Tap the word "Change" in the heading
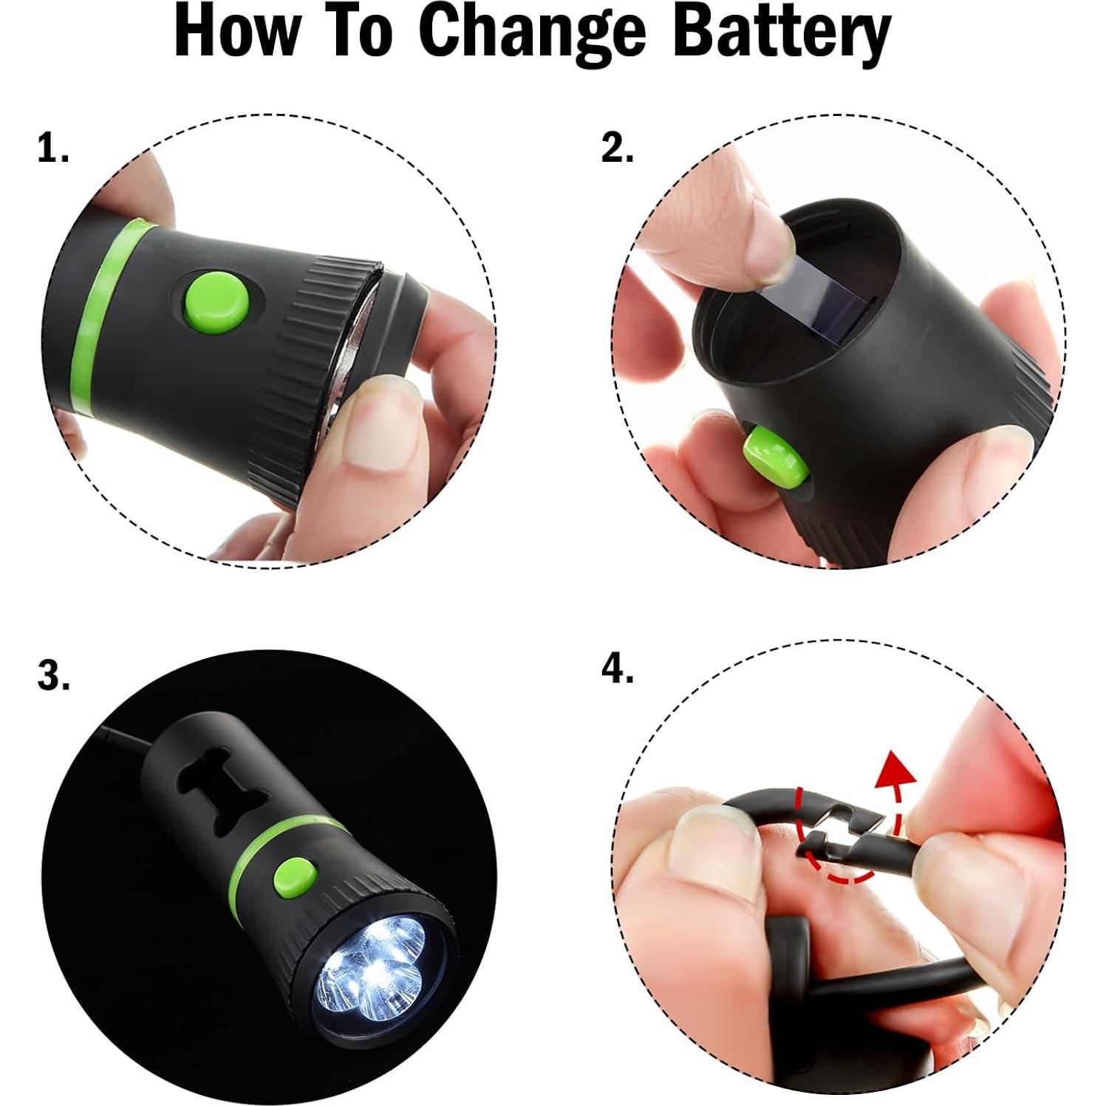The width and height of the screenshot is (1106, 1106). click(535, 35)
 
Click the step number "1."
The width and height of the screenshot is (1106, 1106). click(53, 150)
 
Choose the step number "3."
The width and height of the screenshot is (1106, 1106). click(53, 675)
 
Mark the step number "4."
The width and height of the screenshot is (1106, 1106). click(617, 670)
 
